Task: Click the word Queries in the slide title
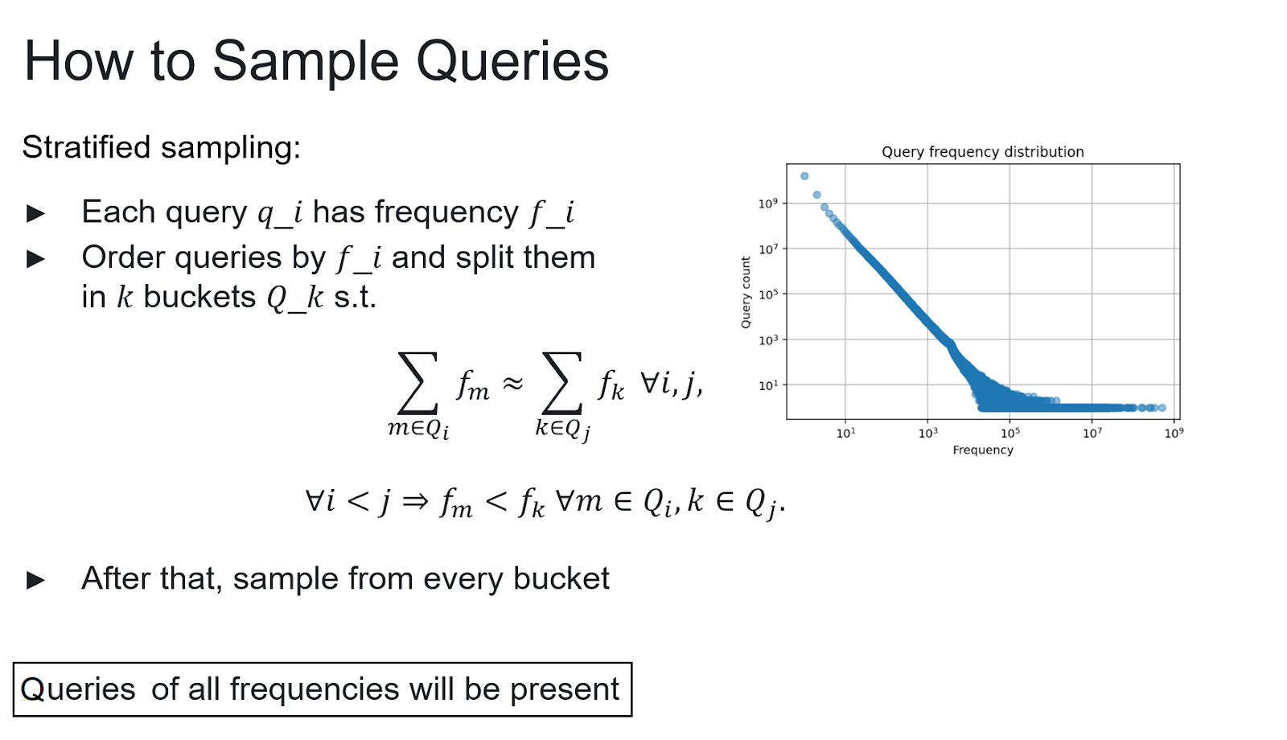click(x=512, y=61)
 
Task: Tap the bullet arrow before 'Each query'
click(x=35, y=214)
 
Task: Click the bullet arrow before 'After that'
click(x=35, y=580)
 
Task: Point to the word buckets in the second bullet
click(x=199, y=297)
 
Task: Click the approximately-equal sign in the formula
click(x=512, y=383)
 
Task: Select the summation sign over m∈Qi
click(x=417, y=383)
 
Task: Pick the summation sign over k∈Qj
click(x=562, y=383)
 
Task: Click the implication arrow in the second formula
click(x=415, y=502)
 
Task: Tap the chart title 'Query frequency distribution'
click(x=982, y=152)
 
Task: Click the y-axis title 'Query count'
click(x=746, y=292)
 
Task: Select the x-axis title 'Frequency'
click(x=982, y=450)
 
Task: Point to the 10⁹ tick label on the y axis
click(x=767, y=203)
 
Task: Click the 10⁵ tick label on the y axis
click(x=767, y=294)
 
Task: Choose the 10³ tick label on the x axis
click(x=928, y=434)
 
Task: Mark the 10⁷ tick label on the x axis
click(x=1092, y=434)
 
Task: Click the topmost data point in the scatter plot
click(x=804, y=176)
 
